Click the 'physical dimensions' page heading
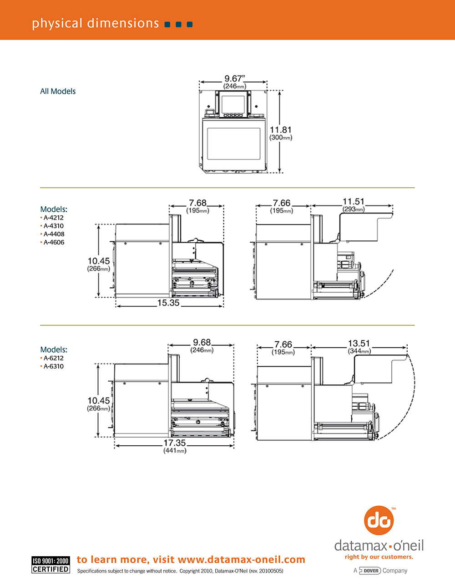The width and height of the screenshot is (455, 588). (95, 23)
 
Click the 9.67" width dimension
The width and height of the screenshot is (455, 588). (234, 79)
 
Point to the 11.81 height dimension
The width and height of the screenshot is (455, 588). (280, 130)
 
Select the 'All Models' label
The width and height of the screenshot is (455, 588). (58, 91)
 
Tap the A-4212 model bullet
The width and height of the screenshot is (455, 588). (53, 218)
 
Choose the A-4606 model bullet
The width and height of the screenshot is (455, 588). (54, 242)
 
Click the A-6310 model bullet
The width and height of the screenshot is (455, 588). (53, 366)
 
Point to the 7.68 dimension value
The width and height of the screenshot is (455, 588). (197, 203)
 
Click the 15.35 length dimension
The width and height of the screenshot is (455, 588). (168, 303)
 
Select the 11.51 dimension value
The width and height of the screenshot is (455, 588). (354, 202)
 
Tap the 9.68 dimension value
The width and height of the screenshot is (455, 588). (202, 343)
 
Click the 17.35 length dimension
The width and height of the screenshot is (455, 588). (175, 443)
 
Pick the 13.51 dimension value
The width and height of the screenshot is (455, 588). (359, 344)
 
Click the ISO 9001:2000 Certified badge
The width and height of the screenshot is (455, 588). (51, 565)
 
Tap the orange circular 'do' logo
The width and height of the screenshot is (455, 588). (379, 521)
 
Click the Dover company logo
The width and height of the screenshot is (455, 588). (370, 571)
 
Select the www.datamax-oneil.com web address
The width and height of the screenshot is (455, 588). (242, 560)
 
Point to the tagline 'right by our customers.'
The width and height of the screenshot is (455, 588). (379, 557)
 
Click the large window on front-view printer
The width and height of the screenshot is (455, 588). (234, 144)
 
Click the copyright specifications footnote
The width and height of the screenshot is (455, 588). (180, 571)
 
